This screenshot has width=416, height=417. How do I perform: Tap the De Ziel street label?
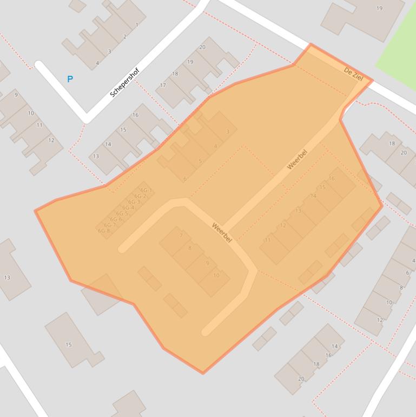point(353,74)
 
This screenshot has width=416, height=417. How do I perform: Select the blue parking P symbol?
point(70,79)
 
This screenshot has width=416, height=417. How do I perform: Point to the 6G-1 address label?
point(146,190)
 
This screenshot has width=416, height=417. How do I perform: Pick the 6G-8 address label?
point(104,231)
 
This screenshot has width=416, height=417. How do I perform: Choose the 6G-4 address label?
point(128,208)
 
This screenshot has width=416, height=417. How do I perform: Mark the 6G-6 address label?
point(116,219)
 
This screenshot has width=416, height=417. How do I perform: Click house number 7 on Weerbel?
point(181,236)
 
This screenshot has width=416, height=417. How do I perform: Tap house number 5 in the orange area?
point(200,161)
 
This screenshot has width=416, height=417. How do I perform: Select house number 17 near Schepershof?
point(163,86)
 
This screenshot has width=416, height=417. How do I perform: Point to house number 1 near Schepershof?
point(137,25)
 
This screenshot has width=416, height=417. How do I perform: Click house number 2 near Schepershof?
point(125,37)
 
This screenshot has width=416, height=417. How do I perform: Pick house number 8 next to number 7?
point(189,249)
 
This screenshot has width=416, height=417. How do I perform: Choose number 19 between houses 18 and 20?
point(190,62)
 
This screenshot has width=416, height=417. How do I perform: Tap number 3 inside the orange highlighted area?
point(228,132)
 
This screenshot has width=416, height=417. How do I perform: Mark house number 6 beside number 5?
point(185,179)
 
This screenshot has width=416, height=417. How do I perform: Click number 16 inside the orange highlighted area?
point(332,178)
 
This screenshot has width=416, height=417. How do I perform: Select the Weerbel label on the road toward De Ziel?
point(297,160)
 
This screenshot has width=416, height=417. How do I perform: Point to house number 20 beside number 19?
point(202,47)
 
